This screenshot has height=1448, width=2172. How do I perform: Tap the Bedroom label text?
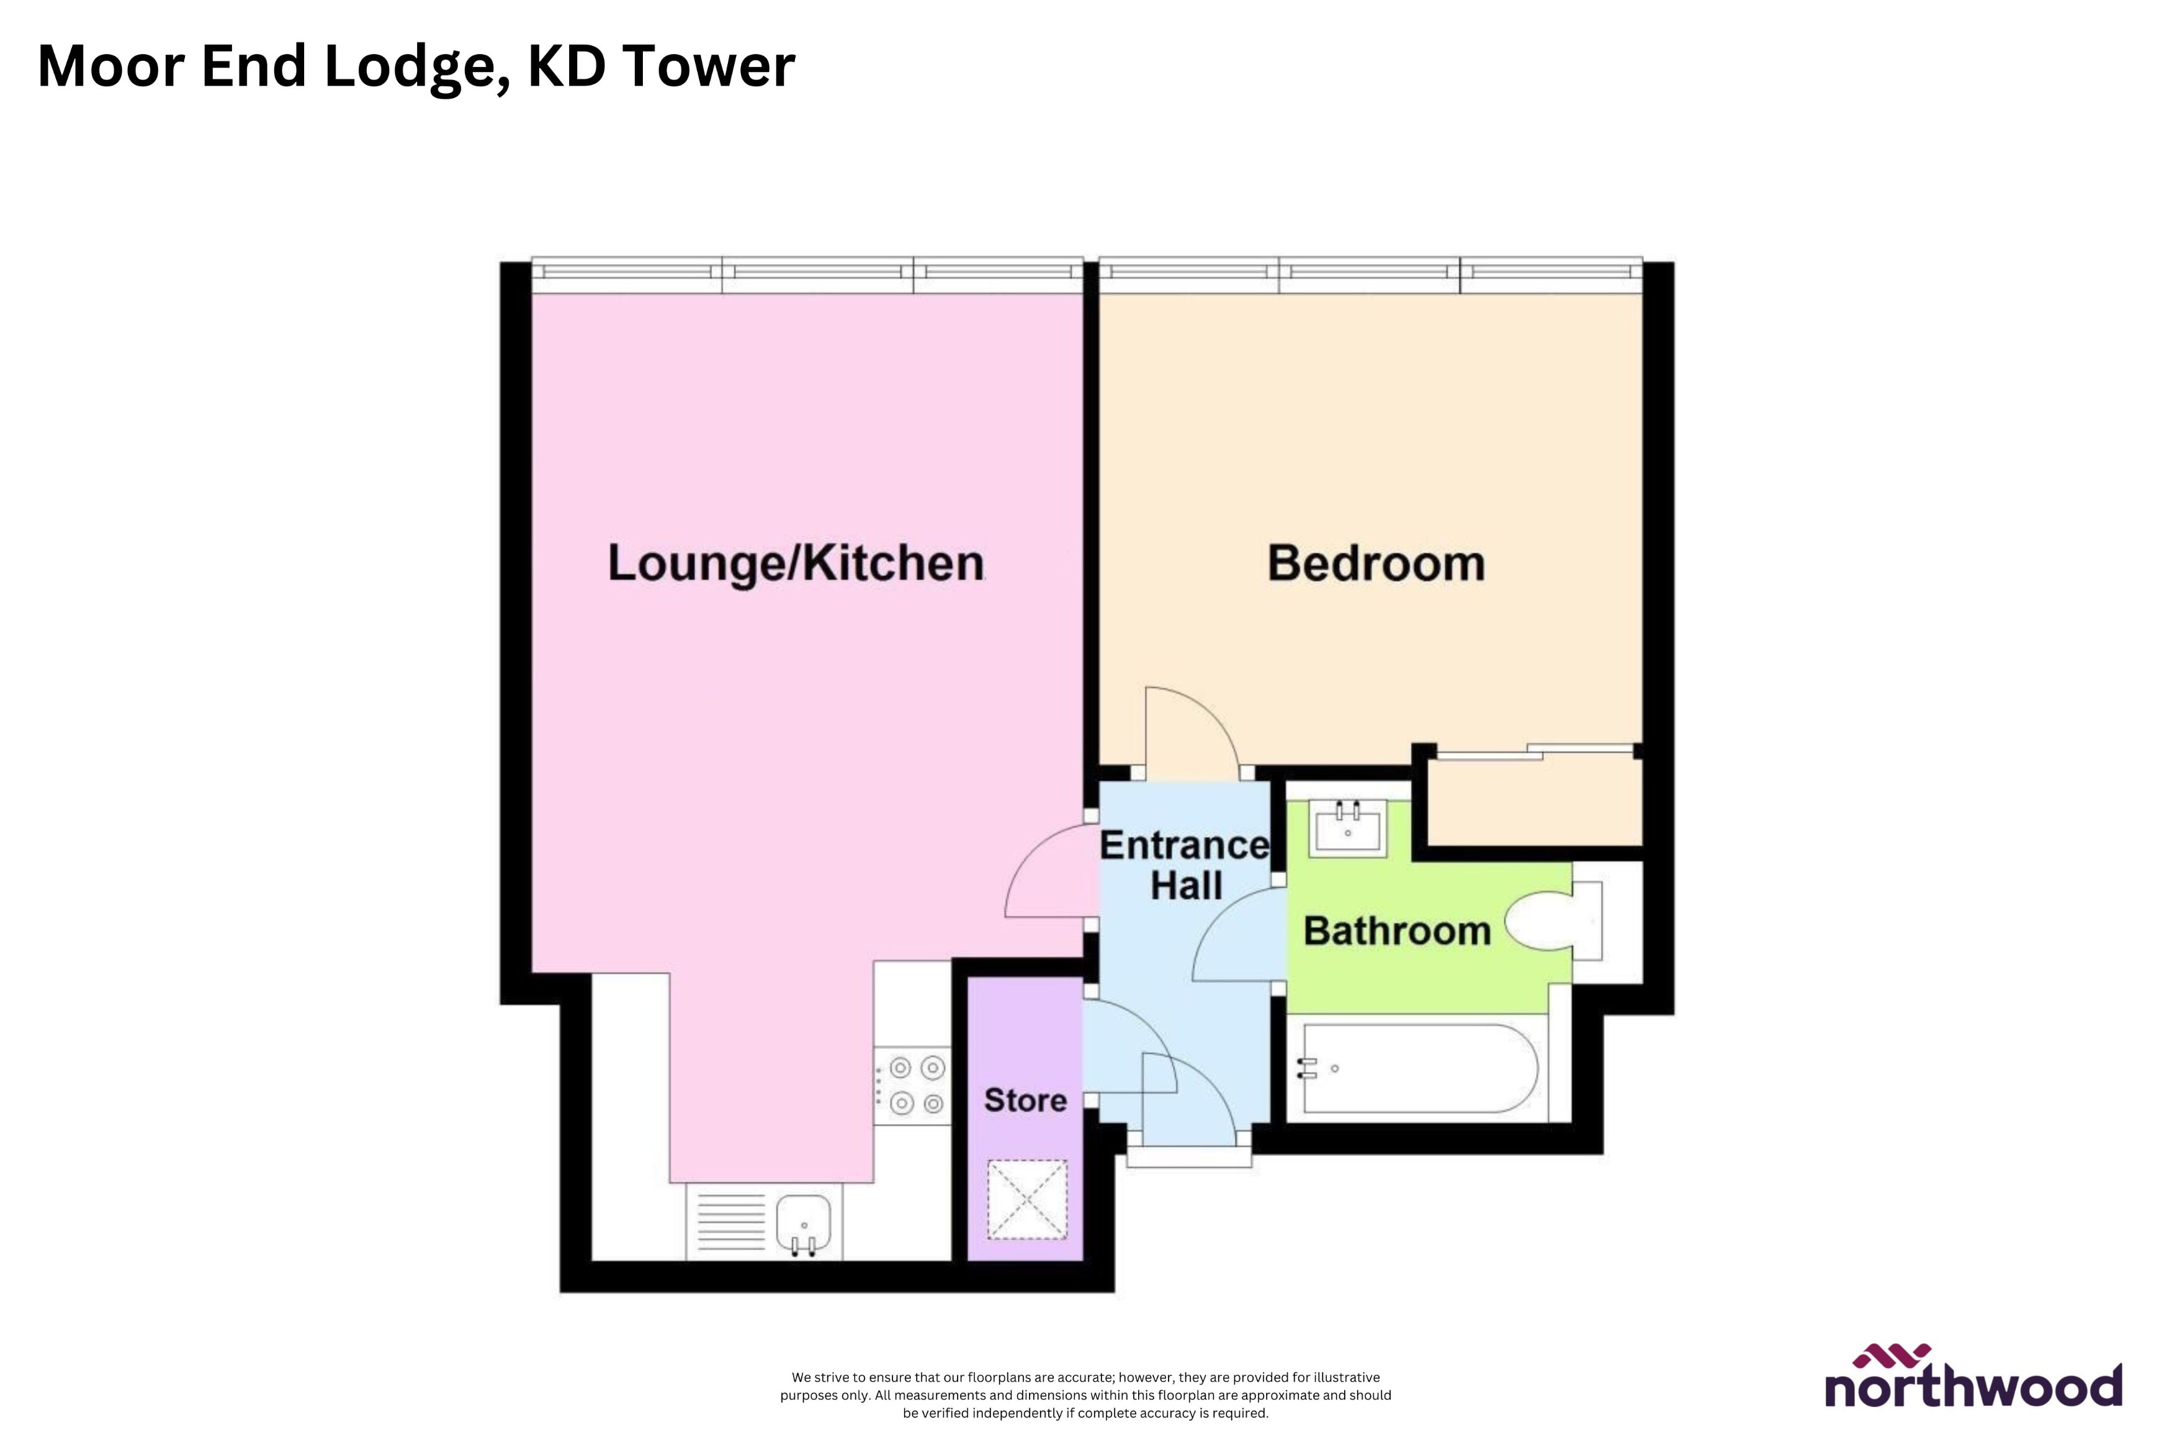[1376, 563]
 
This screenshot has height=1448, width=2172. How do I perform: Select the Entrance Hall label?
[1185, 865]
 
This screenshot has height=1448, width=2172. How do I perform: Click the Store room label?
[1025, 1100]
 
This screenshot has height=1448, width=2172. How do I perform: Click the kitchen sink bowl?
[804, 1221]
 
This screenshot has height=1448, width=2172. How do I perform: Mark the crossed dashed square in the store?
[1027, 1199]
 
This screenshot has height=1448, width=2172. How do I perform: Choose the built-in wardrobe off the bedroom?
[1534, 799]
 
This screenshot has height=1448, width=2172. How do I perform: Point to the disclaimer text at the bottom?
[1085, 1395]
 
